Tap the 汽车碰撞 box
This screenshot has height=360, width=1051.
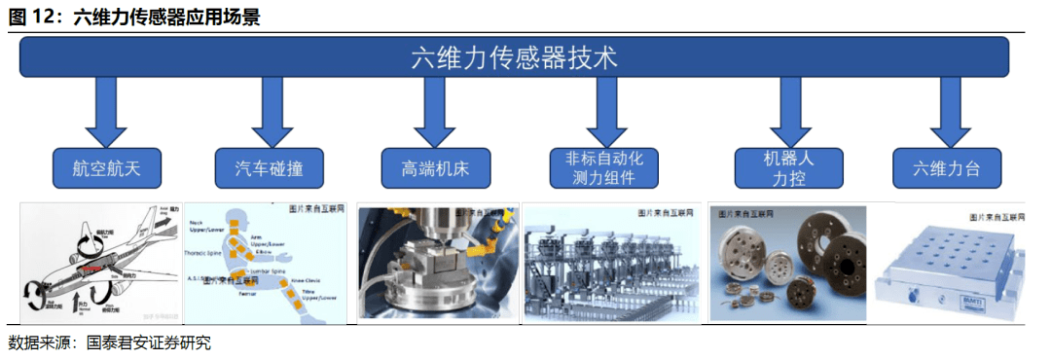[x=265, y=168]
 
